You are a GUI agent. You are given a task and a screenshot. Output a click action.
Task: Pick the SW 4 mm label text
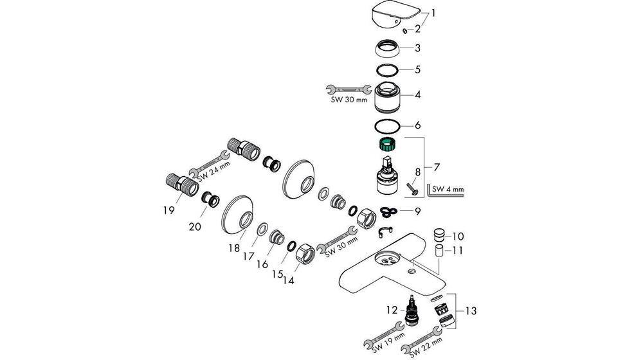[x=448, y=189]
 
